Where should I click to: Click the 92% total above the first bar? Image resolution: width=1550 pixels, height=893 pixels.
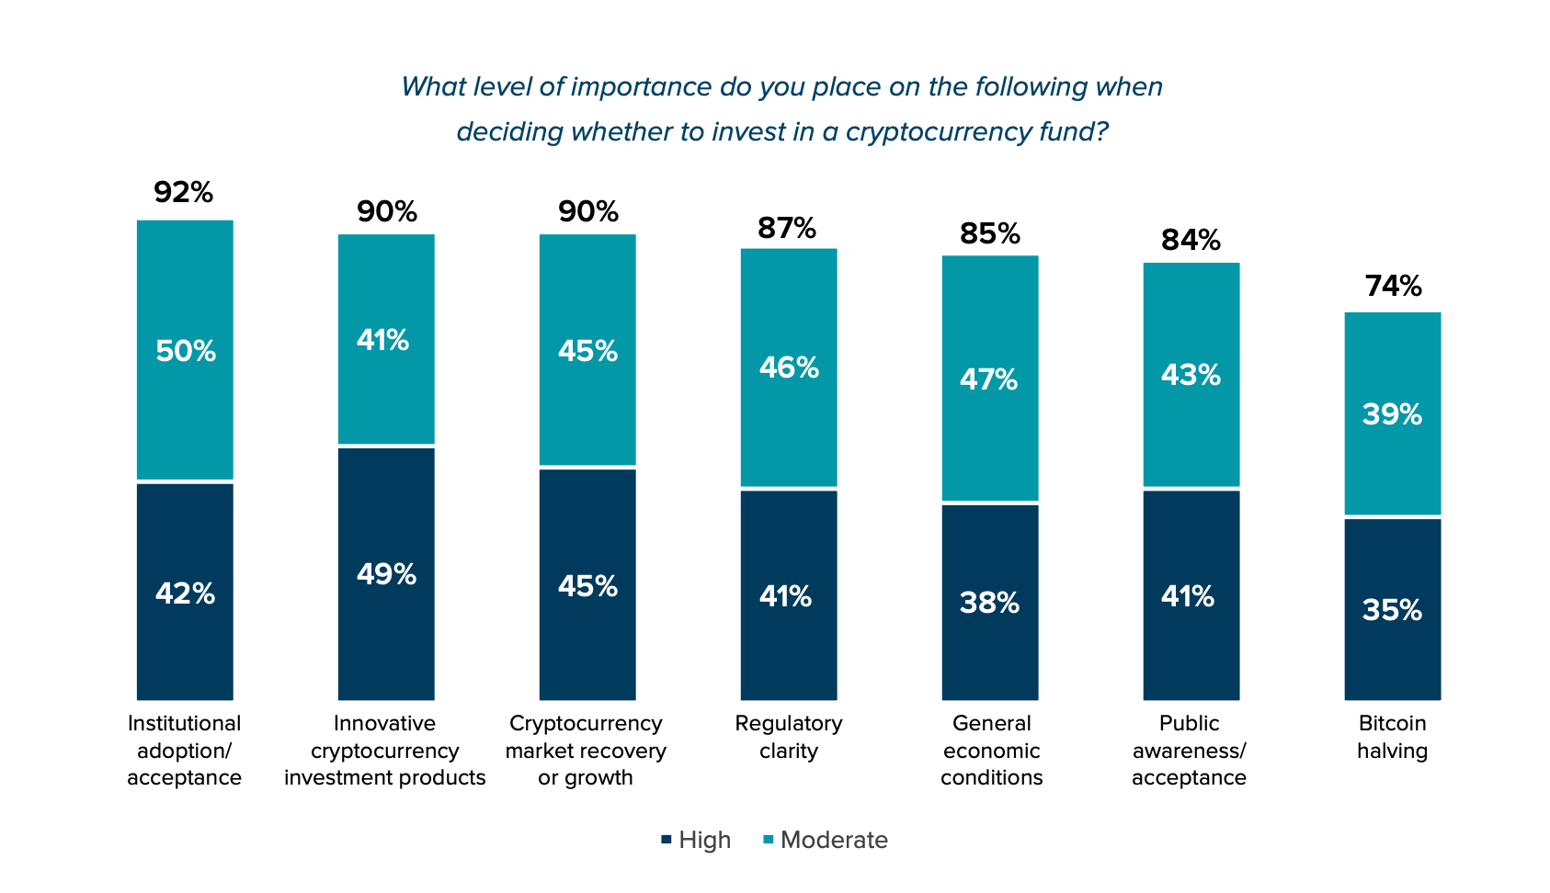tap(184, 193)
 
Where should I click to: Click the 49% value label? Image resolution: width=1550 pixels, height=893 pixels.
tap(386, 575)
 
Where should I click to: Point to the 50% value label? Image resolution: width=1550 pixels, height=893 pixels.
tap(186, 351)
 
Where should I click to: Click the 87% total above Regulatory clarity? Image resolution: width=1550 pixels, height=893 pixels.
tap(787, 228)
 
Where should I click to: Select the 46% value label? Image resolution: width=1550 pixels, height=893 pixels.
tap(789, 368)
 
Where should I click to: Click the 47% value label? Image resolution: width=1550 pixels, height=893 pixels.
tap(989, 379)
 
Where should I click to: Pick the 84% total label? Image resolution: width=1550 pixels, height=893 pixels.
tap(1191, 240)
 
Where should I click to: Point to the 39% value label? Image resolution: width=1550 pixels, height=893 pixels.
tap(1392, 414)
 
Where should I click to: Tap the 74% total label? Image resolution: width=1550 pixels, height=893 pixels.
tap(1393, 287)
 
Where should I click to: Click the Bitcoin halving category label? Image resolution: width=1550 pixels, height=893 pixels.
tap(1392, 737)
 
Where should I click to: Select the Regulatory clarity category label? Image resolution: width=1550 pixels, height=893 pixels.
tap(789, 737)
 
